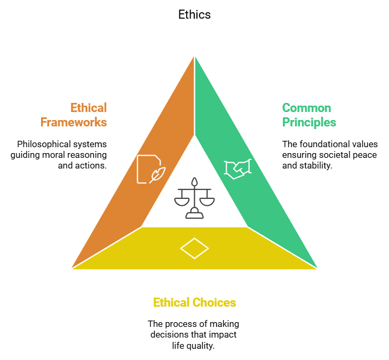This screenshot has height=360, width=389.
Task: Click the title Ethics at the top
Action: [194, 15]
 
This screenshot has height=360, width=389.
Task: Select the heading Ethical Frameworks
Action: [74, 115]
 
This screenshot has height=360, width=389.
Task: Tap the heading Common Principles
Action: [309, 115]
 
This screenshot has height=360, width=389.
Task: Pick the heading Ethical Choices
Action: [194, 302]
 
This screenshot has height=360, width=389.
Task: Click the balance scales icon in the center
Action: [194, 198]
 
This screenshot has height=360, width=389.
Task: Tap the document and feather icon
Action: [151, 169]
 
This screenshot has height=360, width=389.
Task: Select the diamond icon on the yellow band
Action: [194, 249]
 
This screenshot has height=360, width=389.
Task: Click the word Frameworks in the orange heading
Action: [74, 122]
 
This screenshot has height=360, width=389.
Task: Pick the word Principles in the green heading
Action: [309, 122]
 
